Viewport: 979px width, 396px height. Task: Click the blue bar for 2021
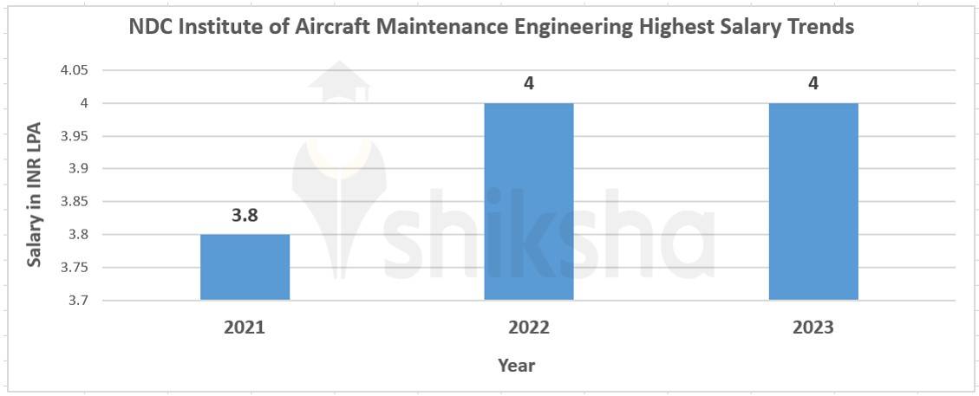[x=245, y=267]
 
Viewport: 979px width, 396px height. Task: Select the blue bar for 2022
[x=528, y=201]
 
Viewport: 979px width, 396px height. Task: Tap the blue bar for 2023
[x=813, y=201]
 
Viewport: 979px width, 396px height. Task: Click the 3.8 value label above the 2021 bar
[x=245, y=216]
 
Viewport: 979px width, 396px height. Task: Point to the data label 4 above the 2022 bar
[x=529, y=84]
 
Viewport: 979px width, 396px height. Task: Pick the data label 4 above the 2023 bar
[x=813, y=84]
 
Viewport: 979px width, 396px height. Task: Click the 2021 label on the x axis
[x=245, y=328]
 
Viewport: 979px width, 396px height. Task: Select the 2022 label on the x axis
[x=528, y=328]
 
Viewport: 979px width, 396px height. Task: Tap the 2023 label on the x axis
[x=813, y=328]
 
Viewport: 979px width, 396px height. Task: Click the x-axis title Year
[x=517, y=365]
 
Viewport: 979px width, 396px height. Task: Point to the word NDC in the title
[x=151, y=27]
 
